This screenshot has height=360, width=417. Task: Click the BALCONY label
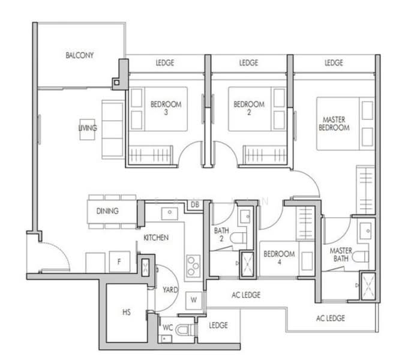pyautogui.click(x=80, y=56)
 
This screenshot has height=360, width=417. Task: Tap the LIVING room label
pyautogui.click(x=88, y=128)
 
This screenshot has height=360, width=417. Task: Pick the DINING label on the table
pyautogui.click(x=107, y=211)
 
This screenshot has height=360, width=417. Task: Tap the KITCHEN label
pyautogui.click(x=156, y=238)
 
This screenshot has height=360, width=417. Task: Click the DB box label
pyautogui.click(x=195, y=205)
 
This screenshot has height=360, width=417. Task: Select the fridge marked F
pyautogui.click(x=119, y=262)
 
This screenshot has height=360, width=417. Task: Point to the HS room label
pyautogui.click(x=127, y=313)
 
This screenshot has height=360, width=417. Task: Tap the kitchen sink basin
pyautogui.click(x=168, y=212)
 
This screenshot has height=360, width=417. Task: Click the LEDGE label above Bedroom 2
pyautogui.click(x=248, y=63)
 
